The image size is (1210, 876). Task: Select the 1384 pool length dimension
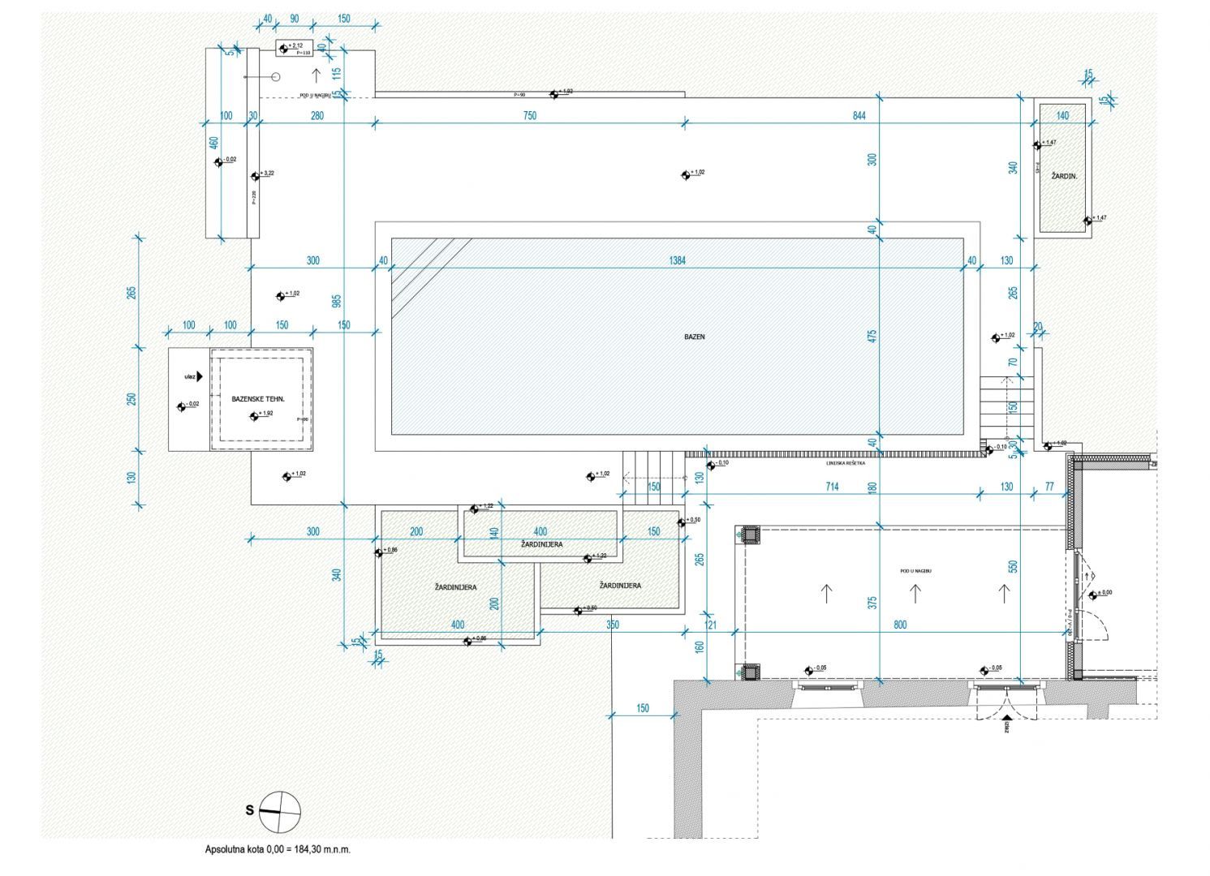point(678,261)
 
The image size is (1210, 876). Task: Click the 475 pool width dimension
point(872,336)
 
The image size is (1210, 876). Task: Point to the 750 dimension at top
point(529,116)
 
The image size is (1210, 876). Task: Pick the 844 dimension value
point(859,116)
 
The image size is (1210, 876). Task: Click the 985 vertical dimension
point(337,301)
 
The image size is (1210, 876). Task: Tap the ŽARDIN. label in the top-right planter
point(1064,176)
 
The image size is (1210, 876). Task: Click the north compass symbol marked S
point(279,810)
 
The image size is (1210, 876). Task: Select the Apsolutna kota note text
point(278,850)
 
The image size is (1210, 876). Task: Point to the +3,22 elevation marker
point(262,174)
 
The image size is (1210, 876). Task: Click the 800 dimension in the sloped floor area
point(900,625)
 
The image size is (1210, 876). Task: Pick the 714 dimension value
point(832,487)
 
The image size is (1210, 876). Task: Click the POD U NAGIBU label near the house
point(915,571)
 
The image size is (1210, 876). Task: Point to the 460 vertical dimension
point(214,142)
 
